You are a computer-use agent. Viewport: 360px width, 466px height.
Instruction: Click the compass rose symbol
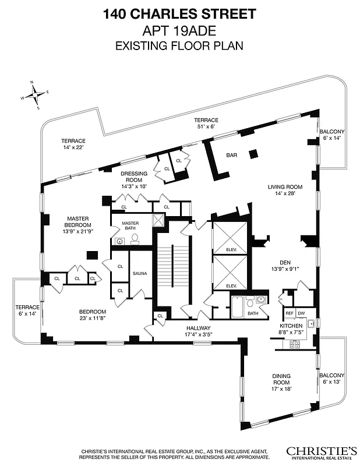point(35,94)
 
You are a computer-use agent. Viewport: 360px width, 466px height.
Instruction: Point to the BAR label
point(232,155)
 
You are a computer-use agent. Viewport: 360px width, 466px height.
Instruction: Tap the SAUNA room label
point(140,273)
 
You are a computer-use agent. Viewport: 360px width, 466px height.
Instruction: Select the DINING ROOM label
point(281,379)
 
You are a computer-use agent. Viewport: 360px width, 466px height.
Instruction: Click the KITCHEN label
point(291,326)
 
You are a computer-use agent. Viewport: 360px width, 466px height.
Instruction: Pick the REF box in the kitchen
point(288,313)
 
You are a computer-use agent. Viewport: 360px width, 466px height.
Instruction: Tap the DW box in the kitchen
point(301,313)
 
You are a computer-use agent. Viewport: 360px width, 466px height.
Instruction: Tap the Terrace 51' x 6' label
point(206,123)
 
